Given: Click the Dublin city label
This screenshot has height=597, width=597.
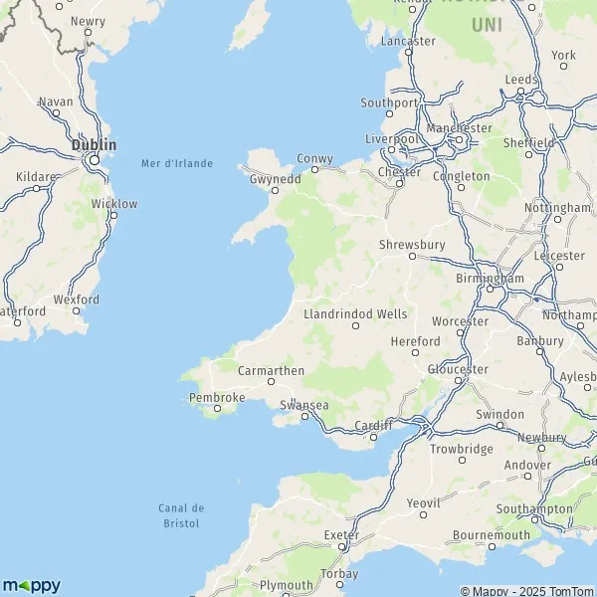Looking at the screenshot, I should point(94,145).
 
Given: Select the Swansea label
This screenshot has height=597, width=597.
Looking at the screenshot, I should point(304,405).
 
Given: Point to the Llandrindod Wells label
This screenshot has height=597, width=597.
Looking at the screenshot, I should point(355,313).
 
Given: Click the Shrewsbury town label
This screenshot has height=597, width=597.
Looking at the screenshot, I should point(411,244).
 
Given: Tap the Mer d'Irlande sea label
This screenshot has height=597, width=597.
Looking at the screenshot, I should point(177,163).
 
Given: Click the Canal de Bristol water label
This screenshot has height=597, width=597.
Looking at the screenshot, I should point(179,515).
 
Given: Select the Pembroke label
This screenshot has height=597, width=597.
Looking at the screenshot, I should point(217,397).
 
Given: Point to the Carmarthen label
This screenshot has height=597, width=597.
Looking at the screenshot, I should point(271,370).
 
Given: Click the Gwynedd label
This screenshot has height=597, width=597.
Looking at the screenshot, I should point(275,178).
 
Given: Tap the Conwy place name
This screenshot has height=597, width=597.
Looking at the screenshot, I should point(315,158).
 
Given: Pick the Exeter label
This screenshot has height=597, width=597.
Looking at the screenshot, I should point(340,535).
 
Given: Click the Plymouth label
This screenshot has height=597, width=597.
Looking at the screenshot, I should point(286,585).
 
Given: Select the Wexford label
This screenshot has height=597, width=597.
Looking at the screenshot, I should point(77,298).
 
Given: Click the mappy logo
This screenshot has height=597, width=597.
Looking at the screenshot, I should point(31,585).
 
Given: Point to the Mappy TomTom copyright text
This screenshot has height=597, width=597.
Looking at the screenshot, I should point(528,588).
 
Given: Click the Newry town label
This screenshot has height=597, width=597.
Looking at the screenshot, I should point(88,20).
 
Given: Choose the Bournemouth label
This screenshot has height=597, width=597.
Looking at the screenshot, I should point(491,534).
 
